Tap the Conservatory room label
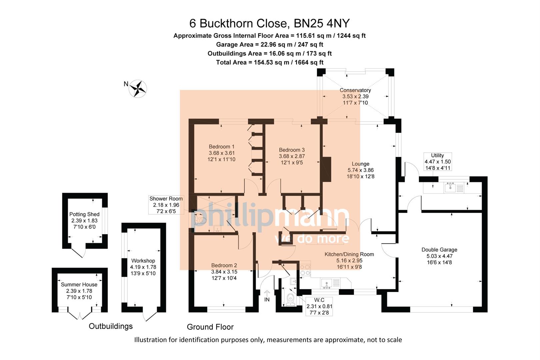coord(355,90)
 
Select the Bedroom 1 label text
coord(221,147)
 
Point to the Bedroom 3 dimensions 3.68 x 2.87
coord(292,156)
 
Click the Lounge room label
coord(360,164)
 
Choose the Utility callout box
coord(437,162)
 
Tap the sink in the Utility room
coord(450,188)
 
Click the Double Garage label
coord(439,250)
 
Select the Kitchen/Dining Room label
coord(349,254)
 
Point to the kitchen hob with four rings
coord(305,270)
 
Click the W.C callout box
coord(319,306)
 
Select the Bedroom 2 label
coord(224,265)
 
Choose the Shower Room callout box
coord(166,205)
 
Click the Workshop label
coord(143,261)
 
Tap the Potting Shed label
coord(84,214)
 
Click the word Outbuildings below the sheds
coord(111,326)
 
